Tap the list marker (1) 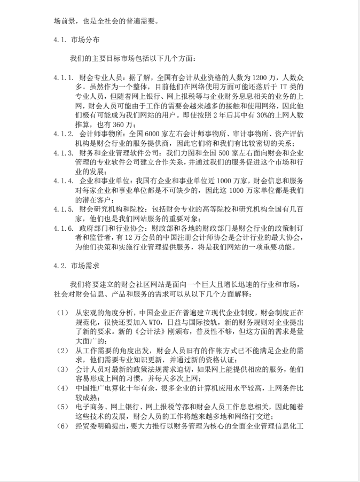point(62,312)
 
